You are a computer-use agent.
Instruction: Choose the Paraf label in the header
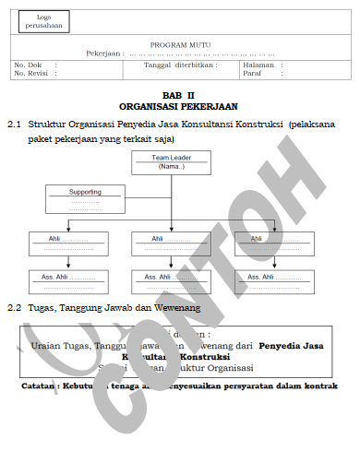pos(251,73)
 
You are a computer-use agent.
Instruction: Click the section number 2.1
pos(14,123)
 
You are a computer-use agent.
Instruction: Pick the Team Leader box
pos(171,162)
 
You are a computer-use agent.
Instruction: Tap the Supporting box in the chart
pos(85,197)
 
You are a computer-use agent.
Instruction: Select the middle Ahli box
pos(171,243)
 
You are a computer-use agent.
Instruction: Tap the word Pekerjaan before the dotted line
pos(103,53)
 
